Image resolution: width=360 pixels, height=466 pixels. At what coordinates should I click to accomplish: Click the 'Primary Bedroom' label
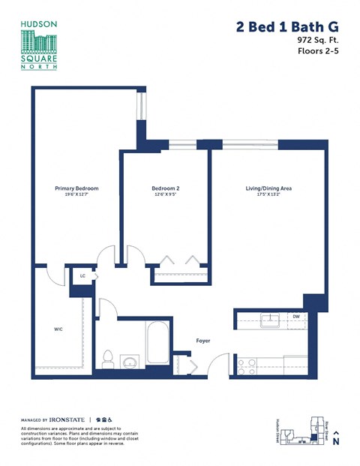[x=76, y=188]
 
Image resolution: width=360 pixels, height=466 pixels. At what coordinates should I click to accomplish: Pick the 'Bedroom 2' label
[x=165, y=188]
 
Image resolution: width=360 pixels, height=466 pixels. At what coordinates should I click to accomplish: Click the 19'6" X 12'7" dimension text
[x=76, y=194]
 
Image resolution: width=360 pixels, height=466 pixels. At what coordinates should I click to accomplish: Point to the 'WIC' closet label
[x=58, y=329]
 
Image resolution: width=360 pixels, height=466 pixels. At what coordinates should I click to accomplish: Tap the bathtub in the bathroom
[x=158, y=344]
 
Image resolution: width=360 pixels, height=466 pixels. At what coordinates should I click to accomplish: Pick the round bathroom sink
[x=129, y=363]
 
